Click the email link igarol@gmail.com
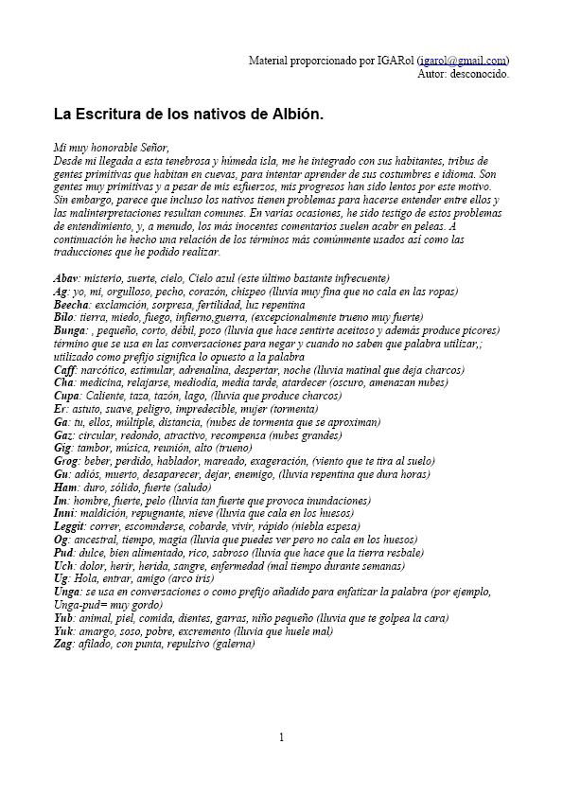[463, 60]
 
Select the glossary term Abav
[66, 278]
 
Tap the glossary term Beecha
[72, 305]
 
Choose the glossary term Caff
[65, 370]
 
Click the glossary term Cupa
[67, 396]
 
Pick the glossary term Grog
[67, 461]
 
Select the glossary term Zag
[64, 644]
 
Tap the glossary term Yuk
[65, 630]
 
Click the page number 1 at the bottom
[281, 737]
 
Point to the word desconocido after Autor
[481, 73]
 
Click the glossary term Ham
[67, 487]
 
